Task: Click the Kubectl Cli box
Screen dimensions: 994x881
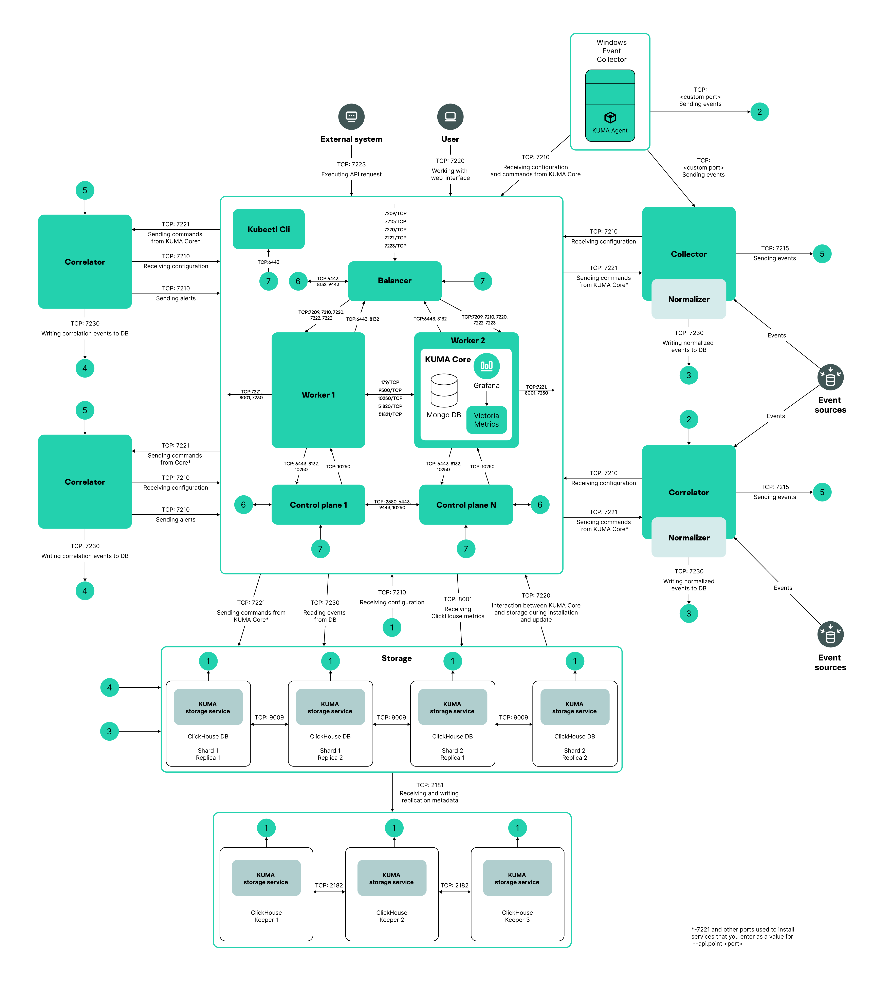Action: pos(268,229)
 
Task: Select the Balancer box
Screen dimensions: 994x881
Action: pos(394,281)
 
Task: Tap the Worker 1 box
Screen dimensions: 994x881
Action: pos(318,394)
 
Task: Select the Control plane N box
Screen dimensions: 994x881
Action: pos(466,505)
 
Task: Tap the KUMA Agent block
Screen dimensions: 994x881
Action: pos(610,123)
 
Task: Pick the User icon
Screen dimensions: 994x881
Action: pos(450,117)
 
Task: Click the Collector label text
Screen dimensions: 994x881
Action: pos(689,254)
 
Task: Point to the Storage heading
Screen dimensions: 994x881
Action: pos(396,658)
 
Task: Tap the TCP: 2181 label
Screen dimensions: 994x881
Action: pos(430,785)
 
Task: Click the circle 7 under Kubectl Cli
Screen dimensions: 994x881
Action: pos(268,281)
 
